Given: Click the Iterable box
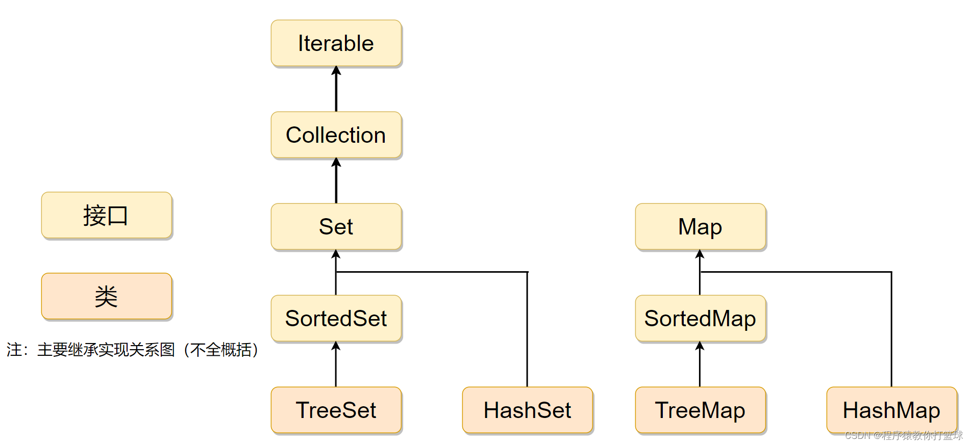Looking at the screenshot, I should pyautogui.click(x=336, y=43).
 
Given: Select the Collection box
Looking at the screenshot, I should pyautogui.click(x=336, y=135).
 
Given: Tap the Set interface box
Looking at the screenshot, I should pyautogui.click(x=336, y=227).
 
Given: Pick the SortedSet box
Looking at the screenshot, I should pyautogui.click(x=336, y=319).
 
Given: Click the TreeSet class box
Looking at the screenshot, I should pyautogui.click(x=336, y=410).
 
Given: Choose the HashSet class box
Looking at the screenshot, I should pyautogui.click(x=527, y=410).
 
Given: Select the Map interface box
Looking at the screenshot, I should pyautogui.click(x=700, y=227).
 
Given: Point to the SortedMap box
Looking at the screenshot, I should pyautogui.click(x=700, y=319).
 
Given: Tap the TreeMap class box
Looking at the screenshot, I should pyautogui.click(x=700, y=410).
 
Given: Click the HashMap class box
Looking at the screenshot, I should pyautogui.click(x=891, y=410).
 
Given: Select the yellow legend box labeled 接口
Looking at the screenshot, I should pyautogui.click(x=106, y=215).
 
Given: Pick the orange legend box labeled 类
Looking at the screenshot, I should pyautogui.click(x=106, y=296).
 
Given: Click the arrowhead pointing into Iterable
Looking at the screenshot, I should pyautogui.click(x=336, y=71).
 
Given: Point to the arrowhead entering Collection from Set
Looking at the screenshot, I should pyautogui.click(x=336, y=163).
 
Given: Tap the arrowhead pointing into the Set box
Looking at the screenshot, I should pyautogui.click(x=336, y=254).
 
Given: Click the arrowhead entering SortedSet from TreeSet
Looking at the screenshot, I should pyautogui.click(x=336, y=346).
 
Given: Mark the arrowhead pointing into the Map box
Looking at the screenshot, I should pyautogui.click(x=700, y=254).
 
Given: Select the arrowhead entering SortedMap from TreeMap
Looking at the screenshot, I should pyautogui.click(x=700, y=346).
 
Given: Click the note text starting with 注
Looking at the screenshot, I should pyautogui.click(x=133, y=350).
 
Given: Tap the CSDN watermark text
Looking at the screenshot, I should pyautogui.click(x=903, y=435).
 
